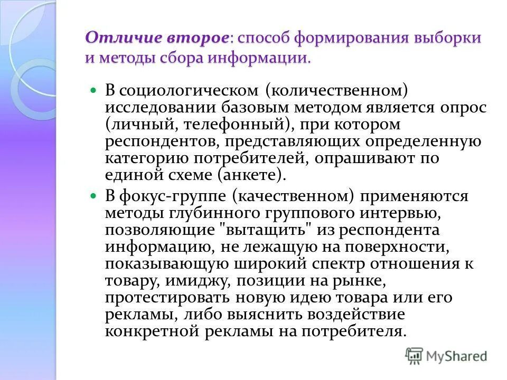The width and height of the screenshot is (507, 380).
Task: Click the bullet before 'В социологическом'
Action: pos(94,90)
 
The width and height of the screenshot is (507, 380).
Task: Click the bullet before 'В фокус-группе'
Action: pos(94,196)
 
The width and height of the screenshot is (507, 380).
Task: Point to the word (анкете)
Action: pos(255,175)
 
